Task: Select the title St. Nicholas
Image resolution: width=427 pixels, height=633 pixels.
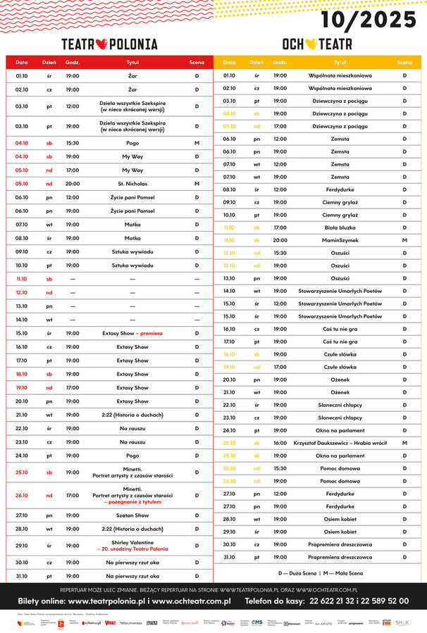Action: point(132,184)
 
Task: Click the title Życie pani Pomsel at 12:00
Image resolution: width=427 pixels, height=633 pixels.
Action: point(132,197)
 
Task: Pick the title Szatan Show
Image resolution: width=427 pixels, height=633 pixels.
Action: point(132,515)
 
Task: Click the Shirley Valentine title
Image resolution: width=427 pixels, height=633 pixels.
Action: point(132,542)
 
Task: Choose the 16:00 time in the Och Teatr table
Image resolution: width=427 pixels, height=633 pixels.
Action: point(280,443)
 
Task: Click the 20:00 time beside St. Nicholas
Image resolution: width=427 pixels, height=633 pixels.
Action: point(73,184)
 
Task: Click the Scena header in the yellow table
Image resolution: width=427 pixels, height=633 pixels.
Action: point(404,63)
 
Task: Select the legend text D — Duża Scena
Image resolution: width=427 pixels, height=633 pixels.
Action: point(298,572)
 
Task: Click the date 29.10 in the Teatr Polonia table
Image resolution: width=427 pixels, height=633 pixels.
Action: point(22,546)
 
